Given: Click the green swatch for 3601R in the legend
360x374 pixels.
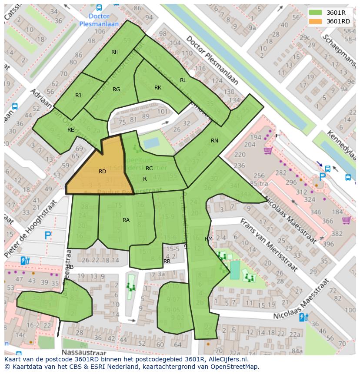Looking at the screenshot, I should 316,13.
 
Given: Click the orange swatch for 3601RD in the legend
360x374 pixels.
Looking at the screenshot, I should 316,21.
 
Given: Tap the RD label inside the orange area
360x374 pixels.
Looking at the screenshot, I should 102,172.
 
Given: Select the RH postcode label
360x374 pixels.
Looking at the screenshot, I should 115,52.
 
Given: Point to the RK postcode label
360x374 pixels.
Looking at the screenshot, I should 158,88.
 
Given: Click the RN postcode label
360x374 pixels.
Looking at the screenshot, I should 214,141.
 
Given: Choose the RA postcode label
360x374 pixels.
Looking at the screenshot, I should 126,220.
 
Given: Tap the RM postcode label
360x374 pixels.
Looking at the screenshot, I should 209,239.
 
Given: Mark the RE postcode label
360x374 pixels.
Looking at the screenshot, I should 70,130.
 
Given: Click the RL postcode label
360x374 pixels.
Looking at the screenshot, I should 183,80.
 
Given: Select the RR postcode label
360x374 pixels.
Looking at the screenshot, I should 167,261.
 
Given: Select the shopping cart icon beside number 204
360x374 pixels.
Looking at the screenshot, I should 268,150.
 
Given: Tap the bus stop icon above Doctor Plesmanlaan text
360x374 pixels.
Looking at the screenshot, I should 99,7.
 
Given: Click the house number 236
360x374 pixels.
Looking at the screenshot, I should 239,165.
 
